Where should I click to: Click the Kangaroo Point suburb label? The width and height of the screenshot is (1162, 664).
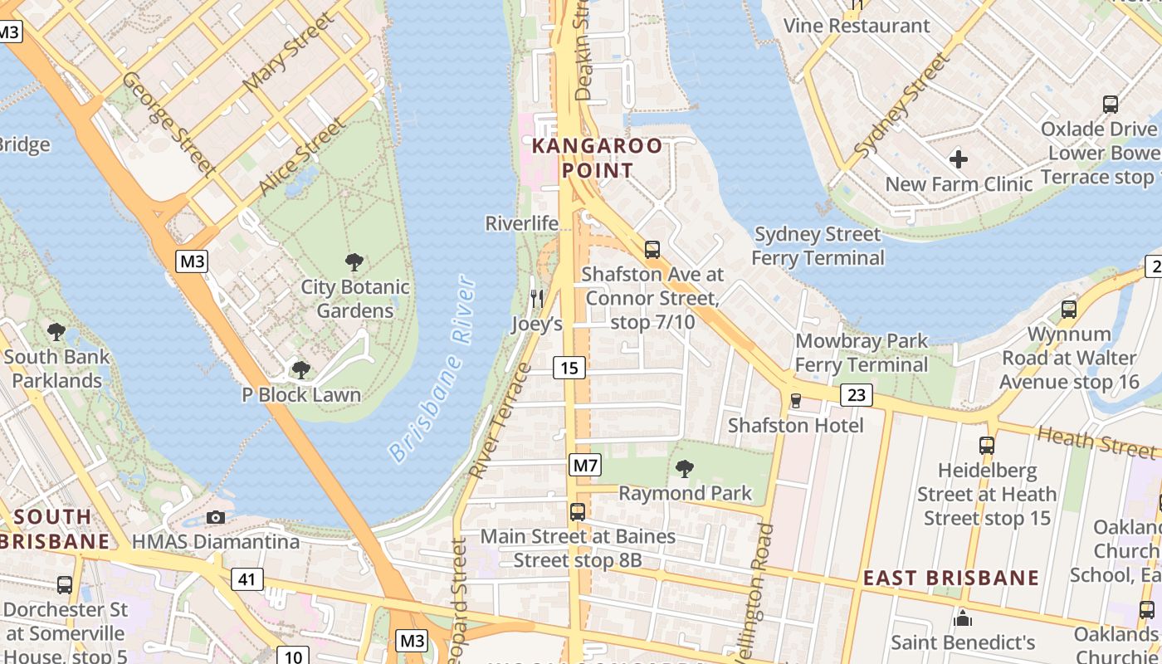pyautogui.click(x=597, y=159)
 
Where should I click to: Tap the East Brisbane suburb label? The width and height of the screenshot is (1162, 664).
pyautogui.click(x=951, y=578)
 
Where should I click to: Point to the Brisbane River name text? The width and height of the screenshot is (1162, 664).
pyautogui.click(x=434, y=369)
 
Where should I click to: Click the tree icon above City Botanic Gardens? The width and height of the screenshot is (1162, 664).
pyautogui.click(x=354, y=263)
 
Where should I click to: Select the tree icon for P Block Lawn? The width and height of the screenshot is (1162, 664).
pyautogui.click(x=301, y=369)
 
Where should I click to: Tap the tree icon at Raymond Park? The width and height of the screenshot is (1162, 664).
pyautogui.click(x=685, y=469)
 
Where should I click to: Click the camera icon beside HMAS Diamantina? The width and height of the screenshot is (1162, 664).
pyautogui.click(x=216, y=518)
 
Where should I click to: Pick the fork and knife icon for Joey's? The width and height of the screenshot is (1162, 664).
pyautogui.click(x=537, y=299)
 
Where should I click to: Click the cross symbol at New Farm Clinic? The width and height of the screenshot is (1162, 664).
pyautogui.click(x=959, y=159)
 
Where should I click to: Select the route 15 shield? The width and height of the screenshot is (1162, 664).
pyautogui.click(x=569, y=368)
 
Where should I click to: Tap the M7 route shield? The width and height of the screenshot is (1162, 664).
pyautogui.click(x=585, y=465)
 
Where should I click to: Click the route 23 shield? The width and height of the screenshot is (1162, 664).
pyautogui.click(x=857, y=395)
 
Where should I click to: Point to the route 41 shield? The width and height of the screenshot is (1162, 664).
pyautogui.click(x=247, y=579)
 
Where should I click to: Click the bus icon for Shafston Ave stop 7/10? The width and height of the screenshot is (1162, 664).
pyautogui.click(x=652, y=249)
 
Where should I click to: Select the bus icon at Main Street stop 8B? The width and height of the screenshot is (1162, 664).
pyautogui.click(x=578, y=512)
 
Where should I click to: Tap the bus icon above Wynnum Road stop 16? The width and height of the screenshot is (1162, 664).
pyautogui.click(x=1069, y=310)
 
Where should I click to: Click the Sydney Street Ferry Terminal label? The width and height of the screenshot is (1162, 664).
pyautogui.click(x=818, y=247)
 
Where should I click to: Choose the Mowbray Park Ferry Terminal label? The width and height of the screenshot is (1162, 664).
pyautogui.click(x=861, y=353)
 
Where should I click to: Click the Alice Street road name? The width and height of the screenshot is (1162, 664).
pyautogui.click(x=301, y=158)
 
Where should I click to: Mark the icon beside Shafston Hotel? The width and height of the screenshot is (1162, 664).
pyautogui.click(x=796, y=401)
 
